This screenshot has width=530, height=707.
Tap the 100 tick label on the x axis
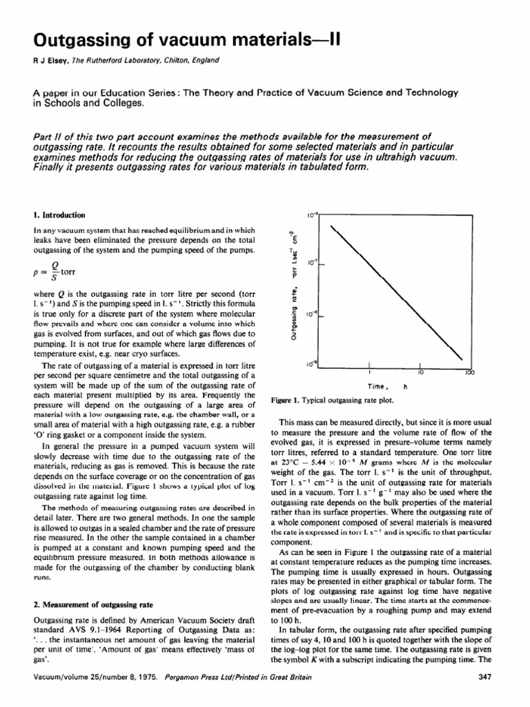(469, 372)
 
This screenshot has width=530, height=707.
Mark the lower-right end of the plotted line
(462, 360)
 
